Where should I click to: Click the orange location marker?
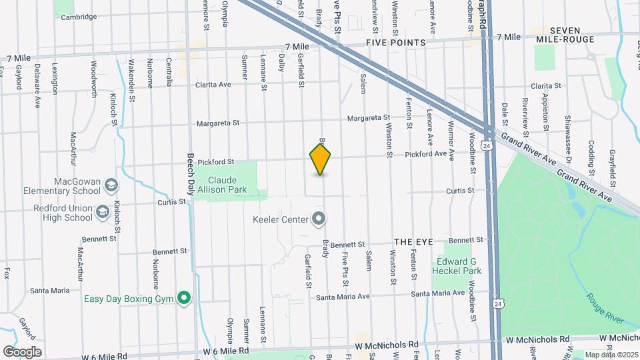tap(321, 159)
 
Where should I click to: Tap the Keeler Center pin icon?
tap(319, 219)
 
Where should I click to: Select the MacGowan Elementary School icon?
tap(111, 184)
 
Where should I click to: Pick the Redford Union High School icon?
tap(103, 213)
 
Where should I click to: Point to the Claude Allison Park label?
tap(227, 185)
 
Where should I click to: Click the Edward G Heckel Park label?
tap(459, 266)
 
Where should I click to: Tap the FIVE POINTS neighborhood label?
tap(395, 43)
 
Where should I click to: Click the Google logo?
tap(22, 351)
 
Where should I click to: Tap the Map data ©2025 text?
tap(611, 354)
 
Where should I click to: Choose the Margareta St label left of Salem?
tap(217, 123)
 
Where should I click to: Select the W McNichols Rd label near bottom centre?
tap(387, 346)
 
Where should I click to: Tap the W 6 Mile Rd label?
tap(225, 351)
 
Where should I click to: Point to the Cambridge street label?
tap(79, 17)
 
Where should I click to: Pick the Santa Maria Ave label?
tap(343, 297)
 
